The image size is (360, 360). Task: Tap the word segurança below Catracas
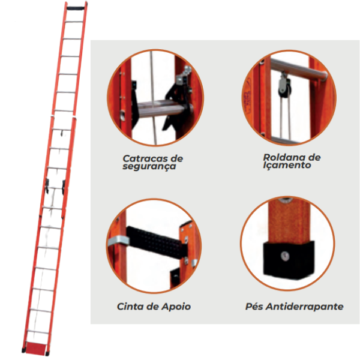tap(149, 166)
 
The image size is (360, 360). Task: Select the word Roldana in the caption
tap(283, 157)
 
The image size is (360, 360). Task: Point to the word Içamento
tap(287, 165)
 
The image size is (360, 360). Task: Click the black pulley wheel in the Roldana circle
tap(284, 88)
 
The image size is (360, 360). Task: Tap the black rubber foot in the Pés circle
tap(289, 260)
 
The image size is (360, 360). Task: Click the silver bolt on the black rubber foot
tap(285, 256)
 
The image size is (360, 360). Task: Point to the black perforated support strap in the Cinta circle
tap(156, 242)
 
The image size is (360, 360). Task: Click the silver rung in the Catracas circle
tap(162, 109)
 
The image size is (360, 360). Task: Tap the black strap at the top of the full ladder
tap(76, 8)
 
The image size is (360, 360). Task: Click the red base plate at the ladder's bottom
tap(36, 347)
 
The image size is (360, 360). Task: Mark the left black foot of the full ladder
tap(23, 350)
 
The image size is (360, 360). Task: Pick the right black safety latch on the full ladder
tap(64, 187)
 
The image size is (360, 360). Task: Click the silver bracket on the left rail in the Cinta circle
tap(118, 242)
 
